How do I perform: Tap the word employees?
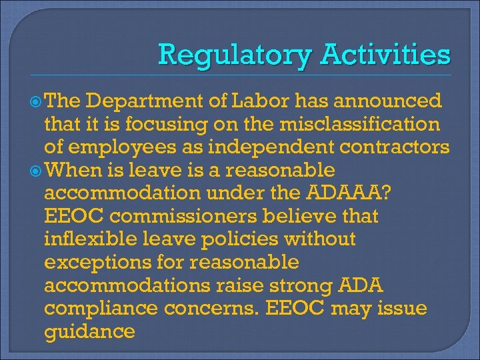(114, 147)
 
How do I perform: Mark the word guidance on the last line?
(89, 331)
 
